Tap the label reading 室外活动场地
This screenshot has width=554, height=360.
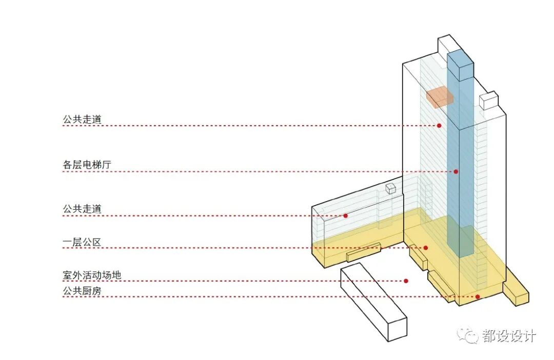(92, 275)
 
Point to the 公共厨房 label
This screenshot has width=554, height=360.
(82, 291)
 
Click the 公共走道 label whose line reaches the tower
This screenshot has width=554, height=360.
(82, 119)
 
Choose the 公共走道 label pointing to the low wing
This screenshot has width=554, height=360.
(82, 209)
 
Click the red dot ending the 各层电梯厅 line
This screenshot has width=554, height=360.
(456, 171)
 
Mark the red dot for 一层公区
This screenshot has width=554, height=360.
(426, 248)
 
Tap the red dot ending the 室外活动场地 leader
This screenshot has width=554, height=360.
(406, 281)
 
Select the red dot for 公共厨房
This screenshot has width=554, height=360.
(478, 296)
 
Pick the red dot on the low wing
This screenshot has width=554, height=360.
(346, 216)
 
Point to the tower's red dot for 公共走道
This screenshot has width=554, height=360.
(439, 126)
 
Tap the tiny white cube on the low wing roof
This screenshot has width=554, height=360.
(391, 189)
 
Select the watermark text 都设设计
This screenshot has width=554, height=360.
(509, 336)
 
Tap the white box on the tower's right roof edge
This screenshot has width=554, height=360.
(488, 101)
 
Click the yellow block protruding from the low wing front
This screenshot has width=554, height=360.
(363, 252)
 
